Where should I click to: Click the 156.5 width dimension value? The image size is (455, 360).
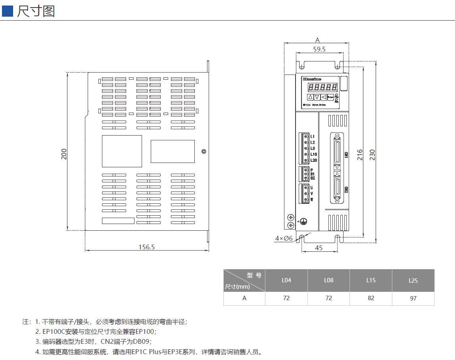tap(146, 247)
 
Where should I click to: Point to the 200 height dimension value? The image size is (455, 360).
tap(64, 154)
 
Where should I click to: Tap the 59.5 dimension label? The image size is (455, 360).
tap(319, 50)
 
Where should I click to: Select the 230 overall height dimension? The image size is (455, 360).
tap(372, 155)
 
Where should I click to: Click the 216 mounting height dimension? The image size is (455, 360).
tap(360, 154)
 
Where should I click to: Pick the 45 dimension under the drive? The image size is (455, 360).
tap(319, 248)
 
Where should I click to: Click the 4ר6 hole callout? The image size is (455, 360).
tap(284, 238)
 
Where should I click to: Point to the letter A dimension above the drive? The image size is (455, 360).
tap(317, 40)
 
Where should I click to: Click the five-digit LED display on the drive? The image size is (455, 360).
tap(323, 87)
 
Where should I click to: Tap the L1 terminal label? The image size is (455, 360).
tap(313, 136)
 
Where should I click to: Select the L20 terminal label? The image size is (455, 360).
tap(313, 160)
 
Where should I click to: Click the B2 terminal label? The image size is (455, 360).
tap(313, 178)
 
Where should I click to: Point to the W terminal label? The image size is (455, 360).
tap(312, 199)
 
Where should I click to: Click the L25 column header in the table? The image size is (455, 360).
tap(413, 281)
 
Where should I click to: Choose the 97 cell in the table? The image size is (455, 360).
tap(413, 298)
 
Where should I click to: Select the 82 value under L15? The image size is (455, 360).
tap(371, 298)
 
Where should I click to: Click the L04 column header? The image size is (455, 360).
tap(286, 280)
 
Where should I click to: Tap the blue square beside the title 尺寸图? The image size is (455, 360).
tap(8, 11)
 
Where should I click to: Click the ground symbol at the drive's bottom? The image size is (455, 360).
tap(303, 221)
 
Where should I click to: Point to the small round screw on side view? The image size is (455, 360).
tap(204, 151)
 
